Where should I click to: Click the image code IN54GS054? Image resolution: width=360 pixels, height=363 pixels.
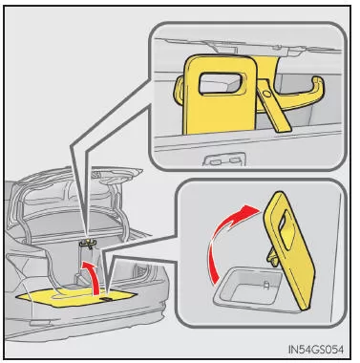(316, 350)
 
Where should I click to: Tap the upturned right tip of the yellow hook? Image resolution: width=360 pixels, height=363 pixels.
(319, 81)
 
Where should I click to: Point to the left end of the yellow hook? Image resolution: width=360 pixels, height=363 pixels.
(178, 90)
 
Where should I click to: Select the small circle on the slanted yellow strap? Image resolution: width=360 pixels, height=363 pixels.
(267, 94)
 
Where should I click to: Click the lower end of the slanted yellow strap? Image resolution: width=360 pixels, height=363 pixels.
(284, 128)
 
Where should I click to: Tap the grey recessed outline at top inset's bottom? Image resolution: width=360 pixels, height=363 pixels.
(223, 159)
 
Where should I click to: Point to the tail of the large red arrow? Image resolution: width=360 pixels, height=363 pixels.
(214, 277)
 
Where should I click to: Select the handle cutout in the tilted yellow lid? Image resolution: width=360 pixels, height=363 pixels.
(286, 229)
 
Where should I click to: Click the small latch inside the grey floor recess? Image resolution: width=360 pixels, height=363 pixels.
(266, 285)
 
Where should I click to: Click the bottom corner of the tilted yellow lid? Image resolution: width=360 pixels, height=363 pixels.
(306, 308)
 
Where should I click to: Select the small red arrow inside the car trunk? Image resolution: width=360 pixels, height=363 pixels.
(93, 274)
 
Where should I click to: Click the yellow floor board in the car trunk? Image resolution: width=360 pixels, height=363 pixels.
(74, 298)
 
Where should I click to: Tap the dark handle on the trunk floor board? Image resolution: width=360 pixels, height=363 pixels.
(106, 300)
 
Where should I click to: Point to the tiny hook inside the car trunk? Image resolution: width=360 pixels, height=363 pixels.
(87, 244)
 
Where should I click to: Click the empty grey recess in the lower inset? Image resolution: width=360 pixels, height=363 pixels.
(251, 288)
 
